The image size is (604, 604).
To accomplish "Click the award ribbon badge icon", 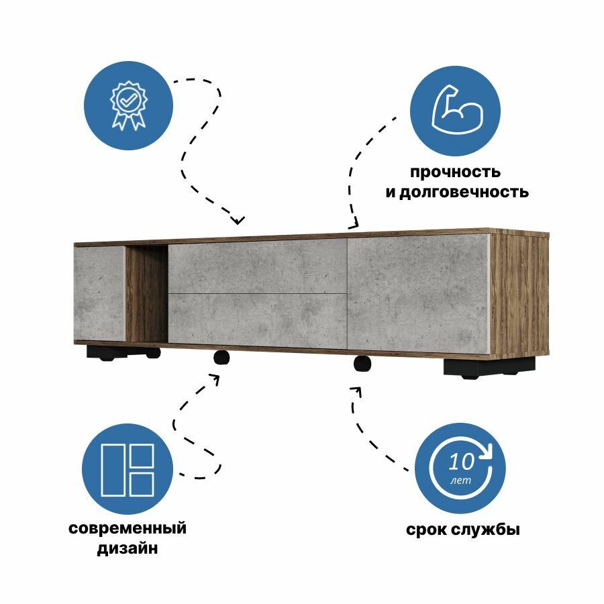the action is [128, 104].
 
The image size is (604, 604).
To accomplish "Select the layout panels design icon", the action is [128, 469].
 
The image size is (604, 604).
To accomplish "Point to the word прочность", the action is [456, 172].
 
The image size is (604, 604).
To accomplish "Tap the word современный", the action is [128, 527].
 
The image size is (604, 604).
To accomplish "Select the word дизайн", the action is [128, 548].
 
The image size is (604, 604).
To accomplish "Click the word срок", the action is [427, 530].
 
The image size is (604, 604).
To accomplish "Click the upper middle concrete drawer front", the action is [257, 266].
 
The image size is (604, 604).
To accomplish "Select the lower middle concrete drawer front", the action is [257, 320].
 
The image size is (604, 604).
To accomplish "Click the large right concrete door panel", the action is [418, 293].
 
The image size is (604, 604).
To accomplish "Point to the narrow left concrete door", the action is [99, 293].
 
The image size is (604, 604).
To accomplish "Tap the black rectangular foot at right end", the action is [489, 366].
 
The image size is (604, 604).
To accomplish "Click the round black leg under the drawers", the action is [222, 358].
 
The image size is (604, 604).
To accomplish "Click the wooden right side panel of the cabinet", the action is [520, 295].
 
